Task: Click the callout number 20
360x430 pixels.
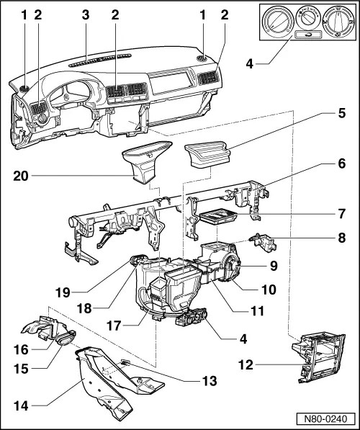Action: pos(21,176)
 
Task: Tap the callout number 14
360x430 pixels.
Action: pos(21,406)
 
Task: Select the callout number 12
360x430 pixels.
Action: pos(246,365)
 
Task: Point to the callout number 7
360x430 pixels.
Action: pos(341,214)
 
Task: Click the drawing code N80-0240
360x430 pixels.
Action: pos(325,419)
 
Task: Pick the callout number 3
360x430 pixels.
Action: pos(86,14)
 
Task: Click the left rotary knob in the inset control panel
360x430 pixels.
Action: pos(276,21)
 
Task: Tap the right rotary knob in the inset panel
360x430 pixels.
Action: pos(337,21)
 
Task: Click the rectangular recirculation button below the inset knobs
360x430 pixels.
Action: pos(307,35)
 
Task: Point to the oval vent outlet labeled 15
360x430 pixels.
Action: pos(66,337)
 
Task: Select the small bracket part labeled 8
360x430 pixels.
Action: pos(263,241)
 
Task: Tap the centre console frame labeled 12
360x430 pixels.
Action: pos(318,358)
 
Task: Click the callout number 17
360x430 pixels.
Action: pos(114,326)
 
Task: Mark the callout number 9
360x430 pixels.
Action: pos(274,266)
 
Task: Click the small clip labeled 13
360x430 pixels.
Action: pos(125,362)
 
